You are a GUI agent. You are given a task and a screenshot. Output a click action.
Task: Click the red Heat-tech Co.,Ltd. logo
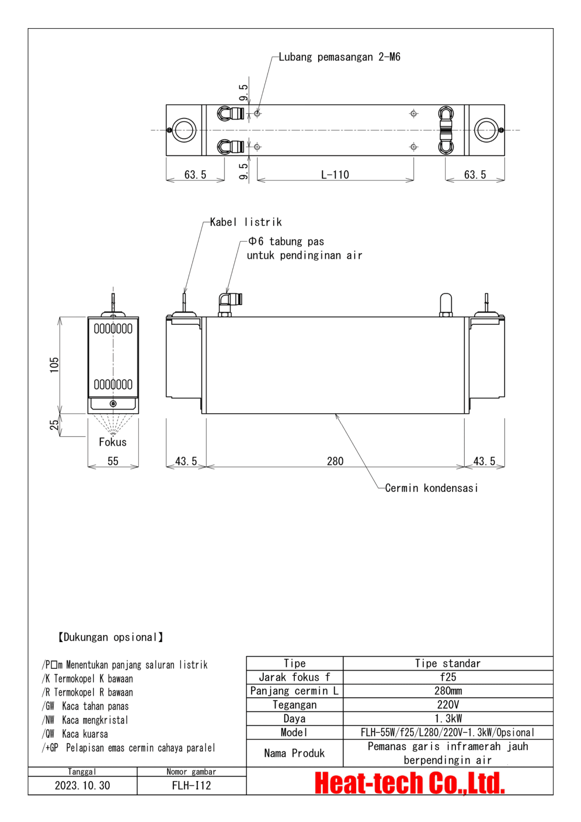click(x=410, y=783)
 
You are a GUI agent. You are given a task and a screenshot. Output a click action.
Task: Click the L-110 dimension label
click(x=335, y=175)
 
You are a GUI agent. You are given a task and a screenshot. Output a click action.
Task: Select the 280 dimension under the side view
click(x=335, y=461)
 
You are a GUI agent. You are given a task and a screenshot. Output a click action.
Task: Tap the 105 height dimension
click(x=54, y=365)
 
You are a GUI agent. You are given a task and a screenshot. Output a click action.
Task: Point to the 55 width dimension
click(x=113, y=461)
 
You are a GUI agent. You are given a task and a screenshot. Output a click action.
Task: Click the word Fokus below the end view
click(x=112, y=442)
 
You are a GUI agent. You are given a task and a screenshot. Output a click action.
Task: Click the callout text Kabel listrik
click(x=246, y=222)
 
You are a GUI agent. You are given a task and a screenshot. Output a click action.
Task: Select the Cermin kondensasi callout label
click(x=432, y=488)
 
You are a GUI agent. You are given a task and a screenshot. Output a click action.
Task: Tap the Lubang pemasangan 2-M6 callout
click(x=340, y=57)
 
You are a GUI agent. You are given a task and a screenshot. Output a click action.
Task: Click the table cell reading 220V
click(x=448, y=705)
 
